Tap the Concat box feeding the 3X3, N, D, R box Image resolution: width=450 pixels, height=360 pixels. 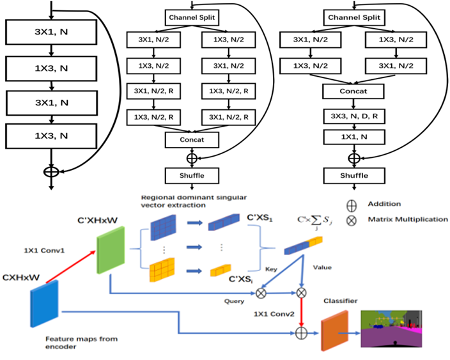(x=353, y=91)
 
